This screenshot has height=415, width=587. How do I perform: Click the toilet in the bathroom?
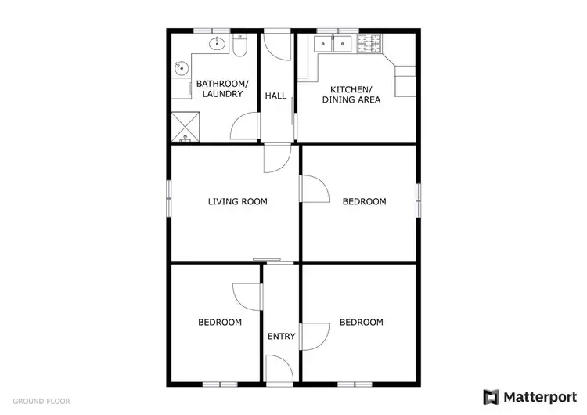(x=240, y=47)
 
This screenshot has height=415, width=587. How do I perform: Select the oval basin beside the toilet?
(x=217, y=44)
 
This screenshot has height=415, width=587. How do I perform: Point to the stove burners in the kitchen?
(x=368, y=44)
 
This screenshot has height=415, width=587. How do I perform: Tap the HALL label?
(x=275, y=96)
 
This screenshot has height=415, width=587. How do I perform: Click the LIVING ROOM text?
(x=237, y=201)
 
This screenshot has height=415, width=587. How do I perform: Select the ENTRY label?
(x=282, y=337)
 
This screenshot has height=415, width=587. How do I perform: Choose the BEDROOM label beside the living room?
(x=364, y=201)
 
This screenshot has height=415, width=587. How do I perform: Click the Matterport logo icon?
(x=492, y=396)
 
